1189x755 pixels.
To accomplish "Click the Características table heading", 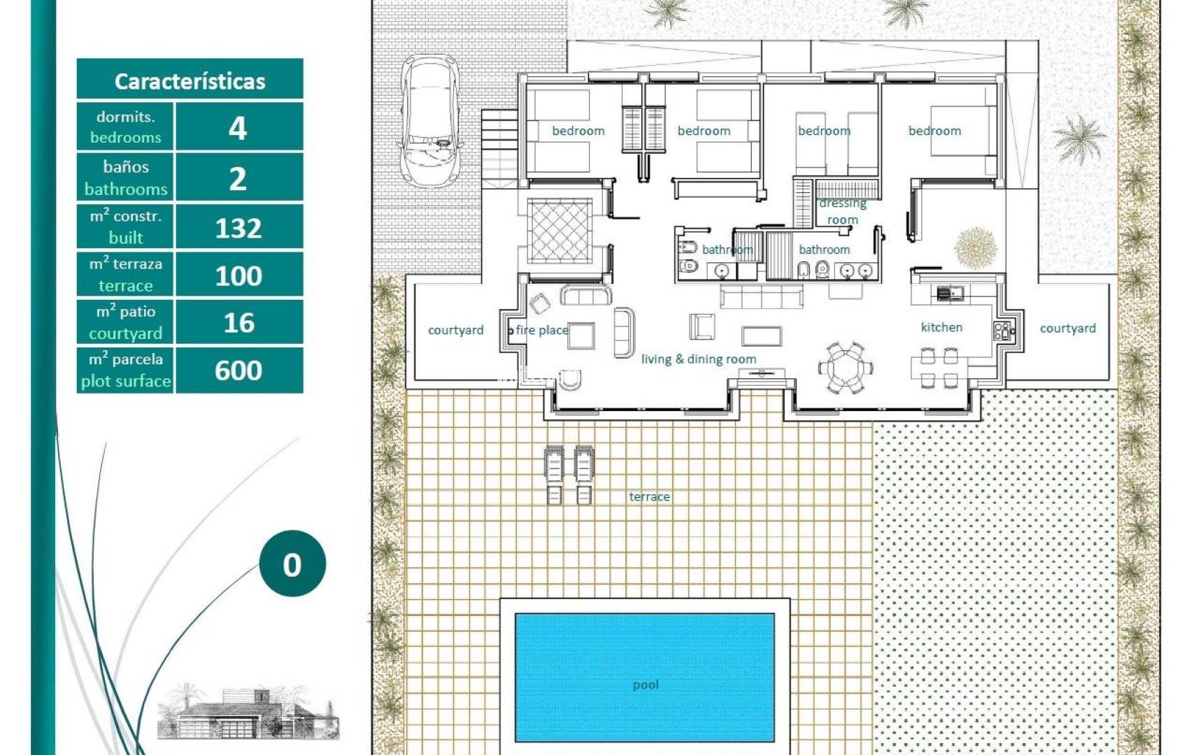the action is point(190,81).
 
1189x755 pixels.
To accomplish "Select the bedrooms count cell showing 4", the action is point(239,127).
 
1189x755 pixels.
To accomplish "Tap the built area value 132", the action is point(239,227).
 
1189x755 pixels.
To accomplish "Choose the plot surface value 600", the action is point(239,370).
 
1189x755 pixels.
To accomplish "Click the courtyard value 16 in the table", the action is point(239,322).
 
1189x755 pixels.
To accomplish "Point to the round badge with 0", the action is point(292,563).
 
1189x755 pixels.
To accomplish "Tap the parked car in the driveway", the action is point(430,122).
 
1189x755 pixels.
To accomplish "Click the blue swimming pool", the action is point(645,677).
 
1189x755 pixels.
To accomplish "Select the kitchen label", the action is point(941,327).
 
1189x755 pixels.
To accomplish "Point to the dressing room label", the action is point(842,211).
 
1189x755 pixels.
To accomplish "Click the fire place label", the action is point(542,330).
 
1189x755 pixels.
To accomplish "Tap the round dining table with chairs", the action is point(846,368).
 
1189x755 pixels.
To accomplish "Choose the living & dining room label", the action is point(699,359).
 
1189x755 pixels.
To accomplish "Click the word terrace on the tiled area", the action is point(649,496).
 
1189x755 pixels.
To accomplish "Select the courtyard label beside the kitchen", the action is point(1067,329).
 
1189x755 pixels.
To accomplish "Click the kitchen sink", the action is point(948,292).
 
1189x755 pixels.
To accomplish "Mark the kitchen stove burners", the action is point(1002,331).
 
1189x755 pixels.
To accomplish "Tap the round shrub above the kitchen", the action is point(976,247).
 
